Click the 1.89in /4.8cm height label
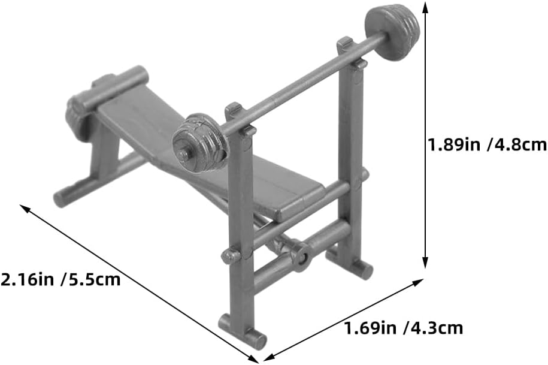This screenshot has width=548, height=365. [488, 144]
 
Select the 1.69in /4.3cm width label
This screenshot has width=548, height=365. [404, 328]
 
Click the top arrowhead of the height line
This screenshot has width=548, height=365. [425, 6]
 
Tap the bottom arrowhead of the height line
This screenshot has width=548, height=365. [425, 263]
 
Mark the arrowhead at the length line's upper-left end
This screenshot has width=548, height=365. [25, 209]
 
